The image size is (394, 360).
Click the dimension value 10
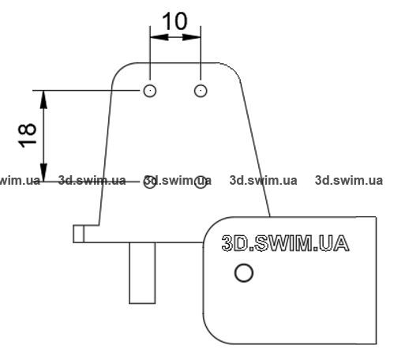pyautogui.click(x=174, y=21)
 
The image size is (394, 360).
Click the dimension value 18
pyautogui.click(x=27, y=135)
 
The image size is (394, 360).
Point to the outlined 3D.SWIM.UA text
pyautogui.click(x=285, y=243)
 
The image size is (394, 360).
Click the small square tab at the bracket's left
pyautogui.click(x=78, y=234)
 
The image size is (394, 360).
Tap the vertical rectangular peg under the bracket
pyautogui.click(x=142, y=273)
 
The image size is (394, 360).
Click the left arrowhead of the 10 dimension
pyautogui.click(x=159, y=37)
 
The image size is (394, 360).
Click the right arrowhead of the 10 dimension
pyautogui.click(x=192, y=37)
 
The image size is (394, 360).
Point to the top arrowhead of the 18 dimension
pyautogui.click(x=43, y=99)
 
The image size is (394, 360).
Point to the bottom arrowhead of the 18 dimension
pyautogui.click(x=43, y=172)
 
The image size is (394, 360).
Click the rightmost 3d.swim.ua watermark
pyautogui.click(x=349, y=181)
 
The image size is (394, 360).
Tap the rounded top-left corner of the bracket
pyautogui.click(x=119, y=69)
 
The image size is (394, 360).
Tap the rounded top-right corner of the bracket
pyautogui.click(x=233, y=69)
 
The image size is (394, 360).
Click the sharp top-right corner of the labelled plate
pyautogui.click(x=376, y=217)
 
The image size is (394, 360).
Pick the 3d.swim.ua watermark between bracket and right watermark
pyautogui.click(x=263, y=181)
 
